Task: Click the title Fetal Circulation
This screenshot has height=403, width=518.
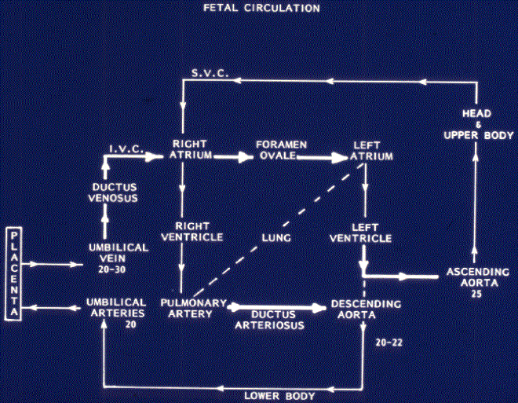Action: [x=261, y=8]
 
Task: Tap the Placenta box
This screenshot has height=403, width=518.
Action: [x=14, y=273]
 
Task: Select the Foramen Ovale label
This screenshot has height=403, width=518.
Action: [x=282, y=150]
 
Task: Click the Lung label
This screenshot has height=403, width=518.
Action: [x=276, y=238]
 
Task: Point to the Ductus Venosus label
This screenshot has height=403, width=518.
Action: [x=115, y=192]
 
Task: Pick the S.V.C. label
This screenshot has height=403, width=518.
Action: [x=210, y=73]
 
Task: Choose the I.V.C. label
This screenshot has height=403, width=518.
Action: [x=126, y=149]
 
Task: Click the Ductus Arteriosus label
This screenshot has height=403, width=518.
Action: [x=269, y=320]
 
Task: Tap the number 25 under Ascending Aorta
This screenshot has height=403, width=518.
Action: [x=476, y=294]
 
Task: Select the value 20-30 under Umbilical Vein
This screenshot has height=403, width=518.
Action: [x=112, y=269]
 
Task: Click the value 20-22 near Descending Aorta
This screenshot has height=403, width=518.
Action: [x=389, y=343]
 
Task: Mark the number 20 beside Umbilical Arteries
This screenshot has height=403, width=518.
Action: [x=131, y=324]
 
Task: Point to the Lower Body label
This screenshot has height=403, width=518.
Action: [x=279, y=396]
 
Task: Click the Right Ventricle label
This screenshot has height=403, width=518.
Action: [x=192, y=232]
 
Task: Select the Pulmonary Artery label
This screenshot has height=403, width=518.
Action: [x=194, y=308]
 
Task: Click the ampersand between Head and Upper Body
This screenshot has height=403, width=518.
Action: [x=478, y=125]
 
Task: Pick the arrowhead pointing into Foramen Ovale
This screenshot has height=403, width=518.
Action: [x=246, y=157]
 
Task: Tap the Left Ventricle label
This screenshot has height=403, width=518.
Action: [x=361, y=233]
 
